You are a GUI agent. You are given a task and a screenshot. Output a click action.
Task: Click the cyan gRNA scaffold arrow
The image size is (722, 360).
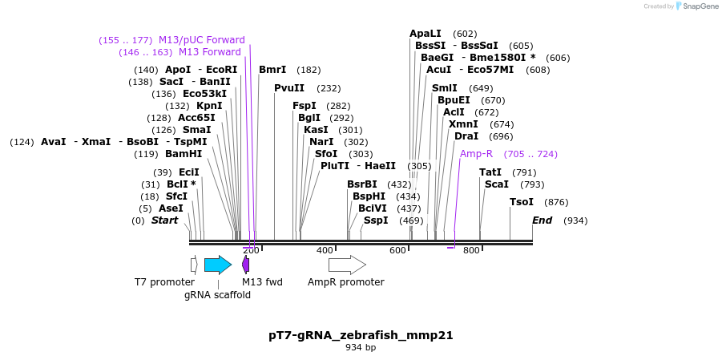pyautogui.click(x=217, y=265)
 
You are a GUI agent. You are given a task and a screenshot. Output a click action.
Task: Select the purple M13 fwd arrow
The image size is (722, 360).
pyautogui.click(x=245, y=265)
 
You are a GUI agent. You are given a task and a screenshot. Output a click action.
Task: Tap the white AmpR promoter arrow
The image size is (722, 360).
pyautogui.click(x=346, y=265)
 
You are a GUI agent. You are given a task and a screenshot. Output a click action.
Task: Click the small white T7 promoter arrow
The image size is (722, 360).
pyautogui.click(x=194, y=265)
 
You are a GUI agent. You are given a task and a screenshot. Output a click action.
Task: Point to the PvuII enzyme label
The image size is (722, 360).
pyautogui.click(x=289, y=88)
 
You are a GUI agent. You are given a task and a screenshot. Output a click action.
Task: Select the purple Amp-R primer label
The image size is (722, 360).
pyautogui.click(x=476, y=154)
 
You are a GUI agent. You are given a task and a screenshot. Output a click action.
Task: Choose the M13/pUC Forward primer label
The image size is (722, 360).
pyautogui.click(x=202, y=40)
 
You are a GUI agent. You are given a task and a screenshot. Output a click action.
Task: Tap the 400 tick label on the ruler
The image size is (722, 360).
pyautogui.click(x=325, y=251)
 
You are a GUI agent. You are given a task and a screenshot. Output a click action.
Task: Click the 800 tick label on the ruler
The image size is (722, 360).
pyautogui.click(x=471, y=251)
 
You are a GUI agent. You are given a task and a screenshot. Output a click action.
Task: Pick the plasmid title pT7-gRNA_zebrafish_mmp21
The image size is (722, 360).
pyautogui.click(x=361, y=335)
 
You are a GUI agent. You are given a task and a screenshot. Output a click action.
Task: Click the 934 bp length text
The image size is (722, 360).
pyautogui.click(x=361, y=348)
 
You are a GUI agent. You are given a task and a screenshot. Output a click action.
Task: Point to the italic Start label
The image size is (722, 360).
pyautogui.click(x=165, y=220)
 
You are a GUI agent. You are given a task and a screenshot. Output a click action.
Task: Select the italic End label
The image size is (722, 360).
pyautogui.click(x=543, y=220)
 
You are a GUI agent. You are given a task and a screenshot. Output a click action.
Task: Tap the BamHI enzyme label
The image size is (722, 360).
pyautogui.click(x=184, y=154)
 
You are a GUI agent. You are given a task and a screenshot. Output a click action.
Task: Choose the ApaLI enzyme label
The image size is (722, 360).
pyautogui.click(x=426, y=34)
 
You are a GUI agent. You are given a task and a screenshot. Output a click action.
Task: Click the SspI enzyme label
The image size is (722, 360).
pyautogui.click(x=376, y=220)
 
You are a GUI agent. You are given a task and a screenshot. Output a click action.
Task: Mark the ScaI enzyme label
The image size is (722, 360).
pyautogui.click(x=497, y=184)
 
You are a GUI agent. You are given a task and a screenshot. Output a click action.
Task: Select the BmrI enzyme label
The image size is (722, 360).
pyautogui.click(x=272, y=70)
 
